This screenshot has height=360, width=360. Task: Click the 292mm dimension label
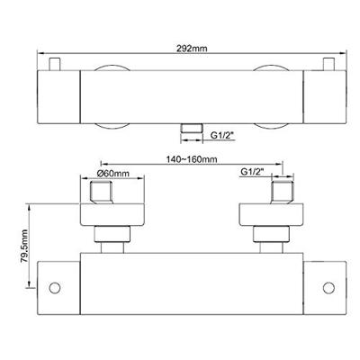[x=192, y=49]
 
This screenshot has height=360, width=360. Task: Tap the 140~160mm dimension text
[x=192, y=158]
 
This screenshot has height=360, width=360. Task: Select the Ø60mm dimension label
[x=113, y=173]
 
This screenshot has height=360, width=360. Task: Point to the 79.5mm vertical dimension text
[x=24, y=247]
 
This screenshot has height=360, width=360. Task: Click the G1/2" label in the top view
[x=222, y=136]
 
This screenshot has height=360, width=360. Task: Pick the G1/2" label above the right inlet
[x=252, y=172]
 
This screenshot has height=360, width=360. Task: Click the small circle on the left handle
[x=55, y=288]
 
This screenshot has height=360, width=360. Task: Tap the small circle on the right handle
[x=328, y=288]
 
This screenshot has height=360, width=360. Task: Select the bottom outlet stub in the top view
[x=192, y=129]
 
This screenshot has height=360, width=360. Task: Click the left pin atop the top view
[x=55, y=64]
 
